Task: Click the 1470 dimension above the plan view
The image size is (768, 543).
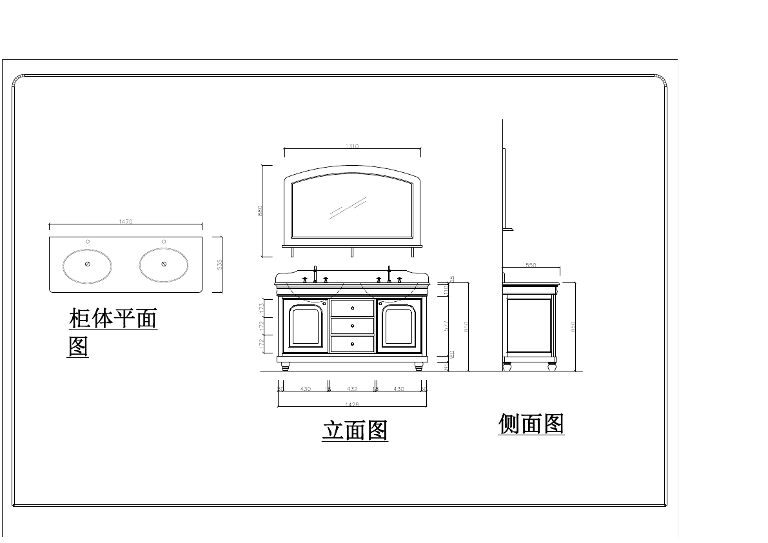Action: (126, 221)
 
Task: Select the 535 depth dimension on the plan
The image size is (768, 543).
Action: (219, 264)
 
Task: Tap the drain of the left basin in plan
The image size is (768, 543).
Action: (88, 264)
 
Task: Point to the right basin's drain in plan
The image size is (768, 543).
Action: (164, 264)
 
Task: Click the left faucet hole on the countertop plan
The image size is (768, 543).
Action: (88, 241)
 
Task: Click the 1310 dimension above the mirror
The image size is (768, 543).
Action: (352, 146)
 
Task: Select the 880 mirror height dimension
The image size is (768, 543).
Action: (260, 210)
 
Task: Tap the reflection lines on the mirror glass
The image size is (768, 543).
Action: (348, 208)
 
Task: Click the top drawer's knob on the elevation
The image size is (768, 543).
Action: (352, 308)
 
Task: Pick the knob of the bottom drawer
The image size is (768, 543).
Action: (352, 344)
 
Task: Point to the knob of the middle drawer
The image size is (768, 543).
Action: (352, 326)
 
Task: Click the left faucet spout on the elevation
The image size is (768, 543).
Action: (315, 273)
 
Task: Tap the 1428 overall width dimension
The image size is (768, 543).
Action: (352, 404)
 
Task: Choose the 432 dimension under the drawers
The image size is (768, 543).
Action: (352, 389)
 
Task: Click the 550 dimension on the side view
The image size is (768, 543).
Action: (531, 265)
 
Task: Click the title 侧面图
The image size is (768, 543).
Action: (531, 424)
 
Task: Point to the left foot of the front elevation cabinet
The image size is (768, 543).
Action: (286, 366)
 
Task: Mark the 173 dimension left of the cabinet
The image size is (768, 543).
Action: (261, 308)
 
